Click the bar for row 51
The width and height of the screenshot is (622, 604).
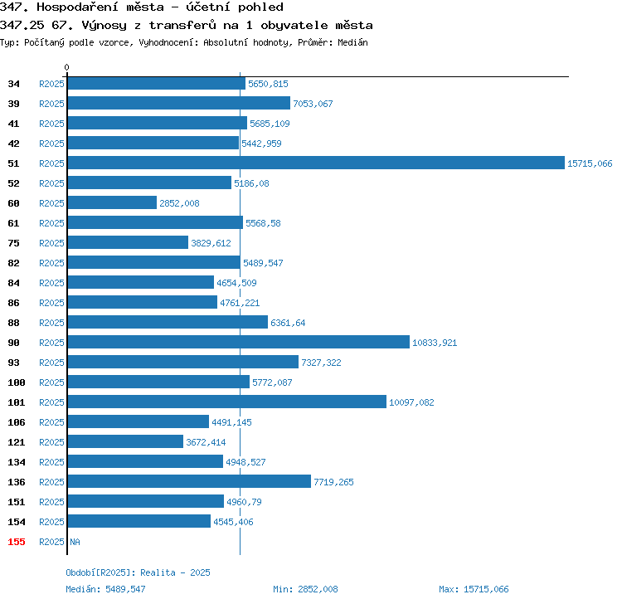pos(316,163)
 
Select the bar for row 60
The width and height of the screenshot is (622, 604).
pos(112,202)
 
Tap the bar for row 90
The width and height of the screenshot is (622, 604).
pos(238,342)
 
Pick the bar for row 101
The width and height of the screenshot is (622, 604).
pos(227,402)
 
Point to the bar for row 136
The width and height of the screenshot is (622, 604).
pos(189,481)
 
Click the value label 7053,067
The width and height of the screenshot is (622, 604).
pos(313,104)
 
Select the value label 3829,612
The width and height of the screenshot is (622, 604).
pos(211,243)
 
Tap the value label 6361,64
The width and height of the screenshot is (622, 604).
pos(288,323)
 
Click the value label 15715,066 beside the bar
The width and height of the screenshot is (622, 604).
pos(590,163)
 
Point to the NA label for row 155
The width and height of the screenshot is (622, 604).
pos(75,542)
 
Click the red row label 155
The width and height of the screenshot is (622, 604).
pos(17,542)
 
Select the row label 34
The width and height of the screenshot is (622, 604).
pos(13,84)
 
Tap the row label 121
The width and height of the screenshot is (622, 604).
pos(17,442)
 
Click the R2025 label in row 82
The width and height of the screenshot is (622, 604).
pos(51,263)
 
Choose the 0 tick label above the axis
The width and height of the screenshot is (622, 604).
pos(66,67)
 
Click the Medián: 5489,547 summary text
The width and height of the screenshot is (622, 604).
pos(105,589)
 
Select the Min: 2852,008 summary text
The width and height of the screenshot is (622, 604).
pos(305,589)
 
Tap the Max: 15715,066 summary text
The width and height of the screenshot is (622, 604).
pos(474,589)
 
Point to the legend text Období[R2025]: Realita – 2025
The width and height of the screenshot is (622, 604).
pos(138,572)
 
